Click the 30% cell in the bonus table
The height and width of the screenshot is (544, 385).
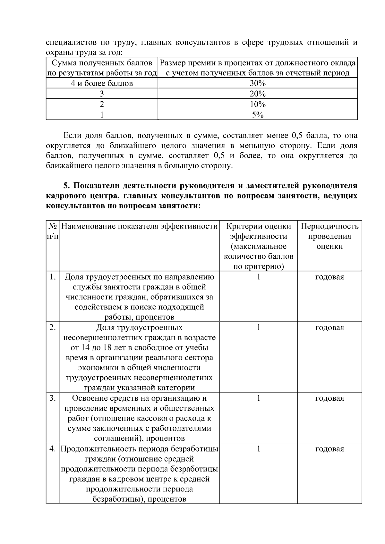258,84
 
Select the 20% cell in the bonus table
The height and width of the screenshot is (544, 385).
258,94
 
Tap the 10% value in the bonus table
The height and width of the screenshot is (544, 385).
258,105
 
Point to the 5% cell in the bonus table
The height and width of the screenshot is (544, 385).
258,115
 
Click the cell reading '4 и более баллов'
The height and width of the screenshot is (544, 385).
102,84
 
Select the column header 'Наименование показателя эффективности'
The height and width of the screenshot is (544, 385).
139,226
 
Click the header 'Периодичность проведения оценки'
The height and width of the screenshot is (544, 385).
329,236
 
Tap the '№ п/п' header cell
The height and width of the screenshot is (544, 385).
53,231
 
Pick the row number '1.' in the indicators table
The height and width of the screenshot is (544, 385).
53,277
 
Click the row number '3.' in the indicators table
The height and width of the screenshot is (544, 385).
53,398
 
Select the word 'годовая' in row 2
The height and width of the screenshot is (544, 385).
329,328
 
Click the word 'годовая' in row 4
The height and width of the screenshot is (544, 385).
329,449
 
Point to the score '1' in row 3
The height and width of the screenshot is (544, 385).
258,398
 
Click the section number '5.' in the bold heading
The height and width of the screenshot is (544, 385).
66,186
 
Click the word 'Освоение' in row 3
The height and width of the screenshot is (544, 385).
86,398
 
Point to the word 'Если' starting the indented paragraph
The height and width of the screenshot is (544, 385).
71,136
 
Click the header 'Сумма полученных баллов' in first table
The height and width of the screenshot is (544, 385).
102,63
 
